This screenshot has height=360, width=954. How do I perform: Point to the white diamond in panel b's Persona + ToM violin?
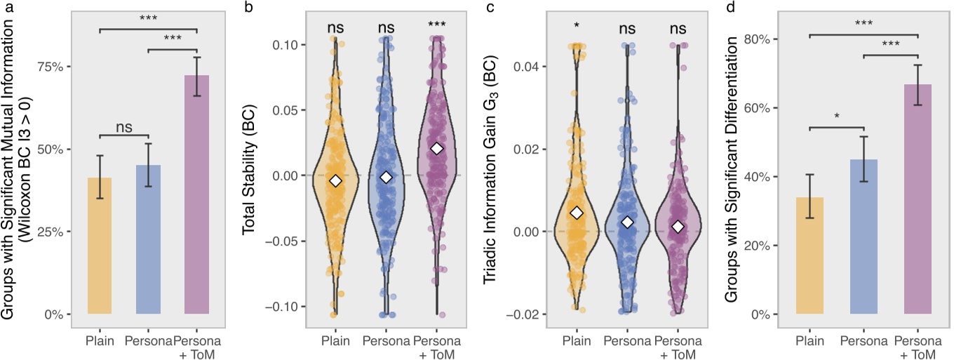pyautogui.click(x=437, y=148)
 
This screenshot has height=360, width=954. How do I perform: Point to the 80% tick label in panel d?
pyautogui.click(x=755, y=39)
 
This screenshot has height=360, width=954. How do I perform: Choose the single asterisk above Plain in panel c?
pyautogui.click(x=577, y=26)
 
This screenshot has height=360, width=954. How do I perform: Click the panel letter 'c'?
pyautogui.click(x=484, y=8)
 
